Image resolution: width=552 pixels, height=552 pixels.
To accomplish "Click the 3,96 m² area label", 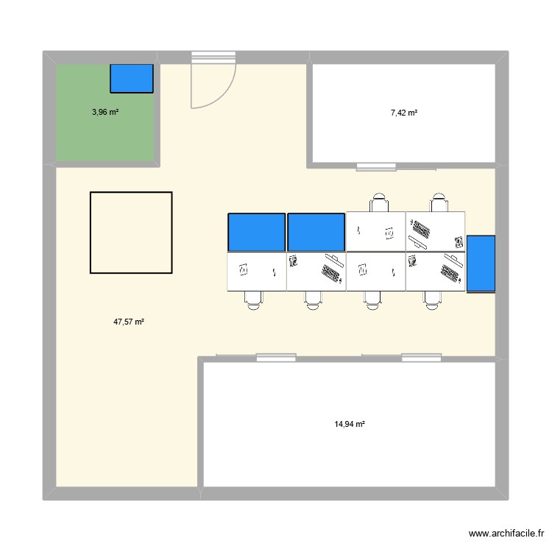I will pos(105,113).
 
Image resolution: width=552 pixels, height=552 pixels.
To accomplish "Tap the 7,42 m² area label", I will pos(404,113).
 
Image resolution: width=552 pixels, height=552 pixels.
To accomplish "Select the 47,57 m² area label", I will pos(128,322).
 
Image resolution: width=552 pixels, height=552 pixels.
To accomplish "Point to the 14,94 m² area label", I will pos(350,424).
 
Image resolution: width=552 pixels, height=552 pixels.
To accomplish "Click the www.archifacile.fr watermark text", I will pos(505,534).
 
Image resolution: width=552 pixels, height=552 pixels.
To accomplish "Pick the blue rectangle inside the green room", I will pos(132,79).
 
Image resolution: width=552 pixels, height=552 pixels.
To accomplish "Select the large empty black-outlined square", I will pos(131,233).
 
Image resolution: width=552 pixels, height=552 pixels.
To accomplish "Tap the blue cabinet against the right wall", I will pos(481,263).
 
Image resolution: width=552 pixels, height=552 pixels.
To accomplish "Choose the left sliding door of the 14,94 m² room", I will pos(276,358).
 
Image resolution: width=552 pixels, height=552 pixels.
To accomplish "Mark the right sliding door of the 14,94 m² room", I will pos(421,358).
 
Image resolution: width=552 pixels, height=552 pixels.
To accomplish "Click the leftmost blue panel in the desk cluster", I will pos(256,233).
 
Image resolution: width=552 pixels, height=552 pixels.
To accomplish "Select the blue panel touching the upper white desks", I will pos(316,233).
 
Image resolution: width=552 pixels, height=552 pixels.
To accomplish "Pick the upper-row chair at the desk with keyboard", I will pos(439,202).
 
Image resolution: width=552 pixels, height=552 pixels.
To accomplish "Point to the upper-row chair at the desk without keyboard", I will pos(379,202).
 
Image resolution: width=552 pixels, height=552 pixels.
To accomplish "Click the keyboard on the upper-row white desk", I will pos(421,230).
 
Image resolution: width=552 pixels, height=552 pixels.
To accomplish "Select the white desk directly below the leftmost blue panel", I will pos(256,271).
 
